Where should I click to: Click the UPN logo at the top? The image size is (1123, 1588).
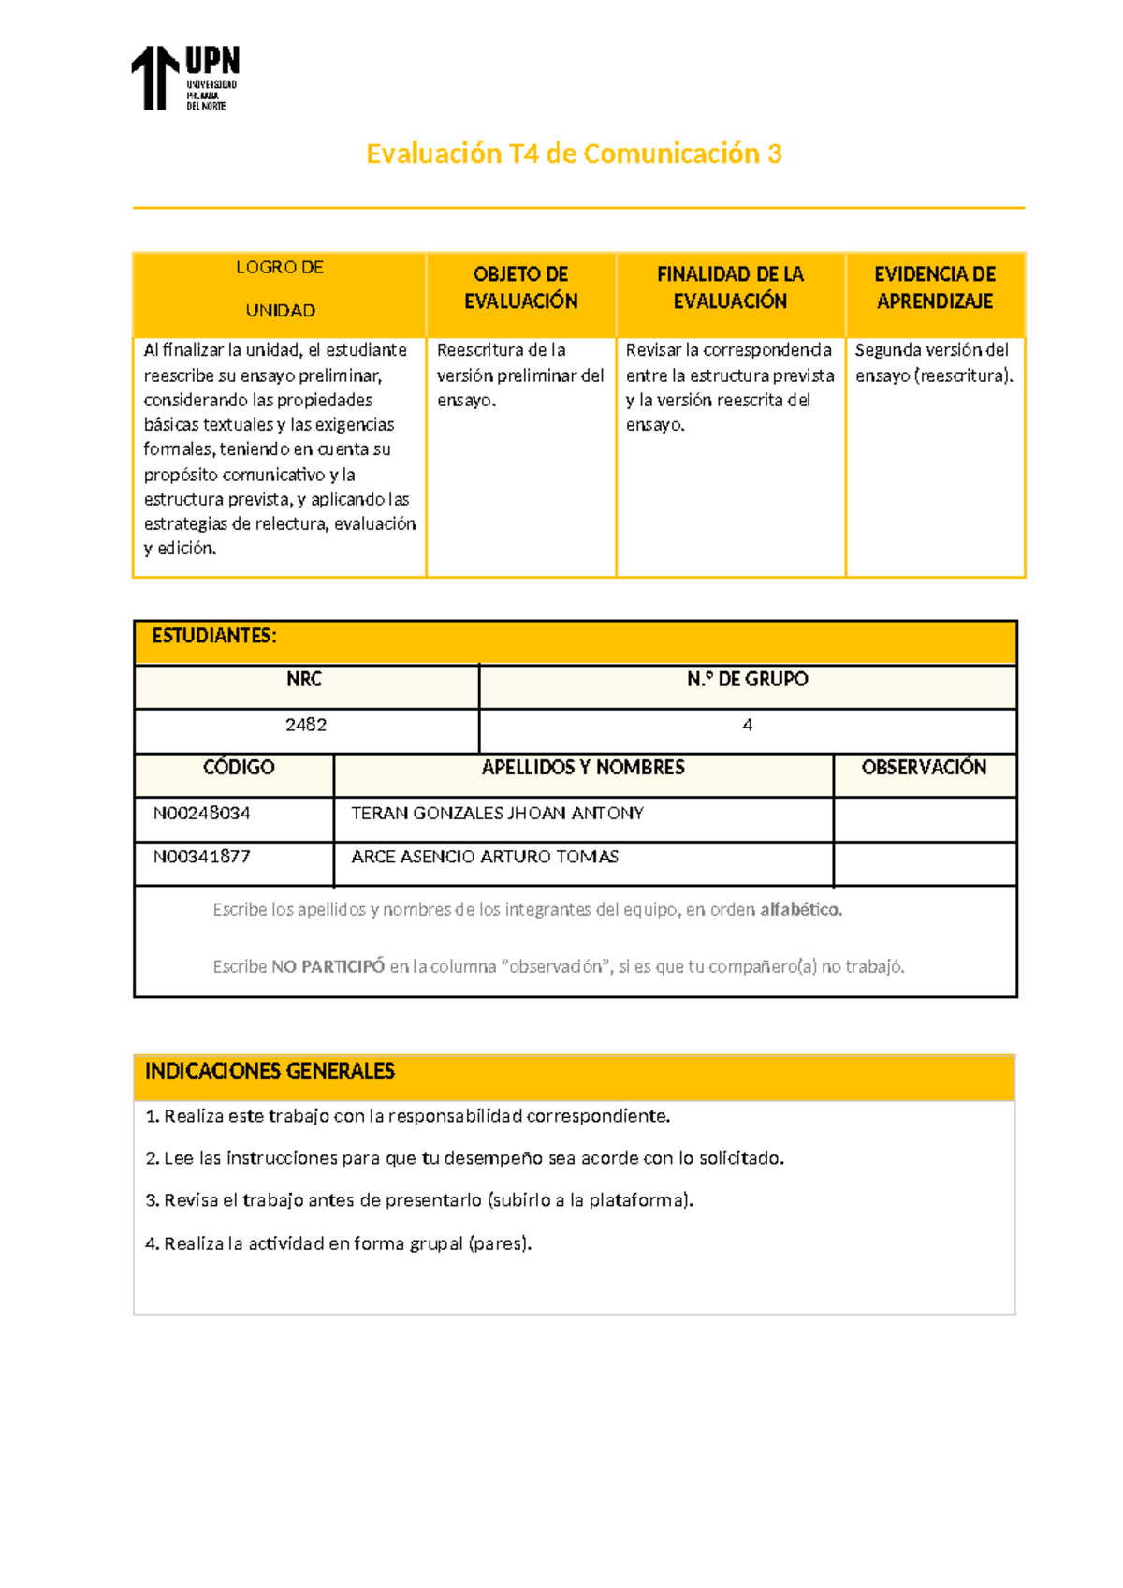[x=185, y=79]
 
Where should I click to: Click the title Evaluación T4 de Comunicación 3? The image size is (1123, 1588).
[x=574, y=154]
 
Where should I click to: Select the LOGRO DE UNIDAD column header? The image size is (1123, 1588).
[x=280, y=288]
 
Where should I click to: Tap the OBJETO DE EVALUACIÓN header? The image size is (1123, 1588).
[x=520, y=287]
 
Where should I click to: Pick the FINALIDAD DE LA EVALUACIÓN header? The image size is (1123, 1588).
[x=730, y=287]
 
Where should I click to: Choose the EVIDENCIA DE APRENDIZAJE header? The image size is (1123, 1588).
[x=934, y=287]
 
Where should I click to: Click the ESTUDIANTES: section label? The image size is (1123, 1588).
[x=214, y=636]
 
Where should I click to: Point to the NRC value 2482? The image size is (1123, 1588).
[x=306, y=725]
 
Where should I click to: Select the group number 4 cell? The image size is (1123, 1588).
[x=747, y=725]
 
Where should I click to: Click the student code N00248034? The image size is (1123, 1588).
[x=202, y=813]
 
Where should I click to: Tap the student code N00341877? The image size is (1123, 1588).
[x=202, y=857]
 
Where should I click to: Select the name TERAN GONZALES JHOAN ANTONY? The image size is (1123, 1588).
[x=497, y=813]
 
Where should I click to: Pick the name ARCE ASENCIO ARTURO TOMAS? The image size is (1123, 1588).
[x=485, y=857]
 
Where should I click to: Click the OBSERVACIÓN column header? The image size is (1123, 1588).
[x=924, y=768]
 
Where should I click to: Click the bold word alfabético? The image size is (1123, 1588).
[x=800, y=909]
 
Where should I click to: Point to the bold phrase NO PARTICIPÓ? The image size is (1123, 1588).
[x=328, y=966]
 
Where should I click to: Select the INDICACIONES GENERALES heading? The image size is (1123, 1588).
[x=270, y=1071]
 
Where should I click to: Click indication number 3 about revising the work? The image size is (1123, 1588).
[x=419, y=1200]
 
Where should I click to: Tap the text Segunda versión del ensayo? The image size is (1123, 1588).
[x=932, y=362]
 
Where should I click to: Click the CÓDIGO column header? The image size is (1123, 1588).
[x=239, y=768]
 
